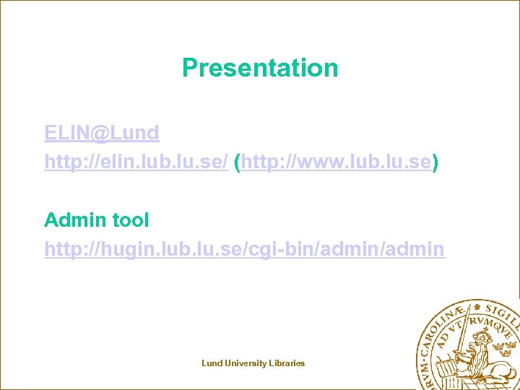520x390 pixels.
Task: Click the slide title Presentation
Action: (x=260, y=68)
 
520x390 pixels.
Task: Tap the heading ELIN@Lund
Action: (x=101, y=133)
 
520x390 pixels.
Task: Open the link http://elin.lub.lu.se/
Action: (x=136, y=163)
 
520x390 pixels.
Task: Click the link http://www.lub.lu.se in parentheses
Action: (x=336, y=163)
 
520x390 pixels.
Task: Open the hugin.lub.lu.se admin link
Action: (x=244, y=249)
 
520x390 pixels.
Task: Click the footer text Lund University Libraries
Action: (x=253, y=363)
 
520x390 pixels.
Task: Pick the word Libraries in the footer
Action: (x=287, y=363)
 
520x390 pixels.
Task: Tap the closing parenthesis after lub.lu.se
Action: (x=435, y=163)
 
